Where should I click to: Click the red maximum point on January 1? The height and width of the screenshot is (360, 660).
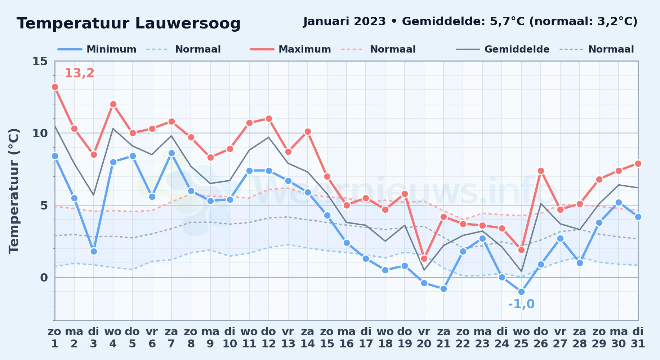coord(55,87)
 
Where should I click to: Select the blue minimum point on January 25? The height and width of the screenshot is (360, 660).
coord(521,292)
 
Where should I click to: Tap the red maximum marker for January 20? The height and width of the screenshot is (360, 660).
coord(424,258)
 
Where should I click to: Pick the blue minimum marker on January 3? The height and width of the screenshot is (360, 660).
coord(94,251)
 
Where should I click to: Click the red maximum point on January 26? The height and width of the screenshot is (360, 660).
coord(541,171)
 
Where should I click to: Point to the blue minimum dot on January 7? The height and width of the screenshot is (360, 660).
coord(171,153)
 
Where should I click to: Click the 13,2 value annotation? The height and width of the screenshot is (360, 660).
coord(79,73)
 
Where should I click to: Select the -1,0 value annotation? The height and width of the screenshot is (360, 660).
coord(521,304)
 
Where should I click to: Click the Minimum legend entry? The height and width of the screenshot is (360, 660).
coord(97,49)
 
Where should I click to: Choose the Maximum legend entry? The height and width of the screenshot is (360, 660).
coord(291,49)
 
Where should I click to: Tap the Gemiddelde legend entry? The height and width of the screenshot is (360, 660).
coord(503,49)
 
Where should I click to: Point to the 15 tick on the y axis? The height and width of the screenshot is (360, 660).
coord(40,61)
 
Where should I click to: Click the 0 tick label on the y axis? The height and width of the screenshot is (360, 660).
coord(44,278)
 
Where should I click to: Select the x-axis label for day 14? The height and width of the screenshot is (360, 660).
coord(308,337)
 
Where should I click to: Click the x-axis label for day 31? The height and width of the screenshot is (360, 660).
coord(638,337)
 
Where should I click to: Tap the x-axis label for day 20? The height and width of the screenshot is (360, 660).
coord(424,337)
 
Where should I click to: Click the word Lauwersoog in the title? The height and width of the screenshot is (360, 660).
coord(188,24)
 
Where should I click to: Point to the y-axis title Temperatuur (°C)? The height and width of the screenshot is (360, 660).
coord(14,191)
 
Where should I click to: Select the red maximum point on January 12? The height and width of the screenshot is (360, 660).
coord(269,118)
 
